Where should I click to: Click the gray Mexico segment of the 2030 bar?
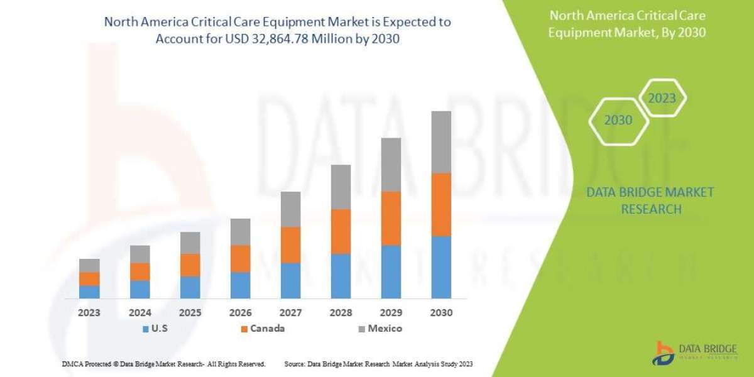tap(441, 142)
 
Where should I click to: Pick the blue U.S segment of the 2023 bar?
tap(89, 292)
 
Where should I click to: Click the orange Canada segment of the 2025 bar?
tap(190, 265)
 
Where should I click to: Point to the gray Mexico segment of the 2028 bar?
tap(341, 187)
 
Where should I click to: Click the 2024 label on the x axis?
tap(139, 312)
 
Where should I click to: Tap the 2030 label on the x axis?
tap(441, 312)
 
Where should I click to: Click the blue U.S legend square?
tap(146, 328)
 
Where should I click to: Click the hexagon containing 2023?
tap(662, 98)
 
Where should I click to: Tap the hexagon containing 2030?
tap(618, 120)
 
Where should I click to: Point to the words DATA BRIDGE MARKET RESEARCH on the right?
tap(650, 200)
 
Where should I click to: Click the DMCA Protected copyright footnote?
tap(164, 364)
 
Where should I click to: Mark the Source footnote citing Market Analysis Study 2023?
tap(378, 364)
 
